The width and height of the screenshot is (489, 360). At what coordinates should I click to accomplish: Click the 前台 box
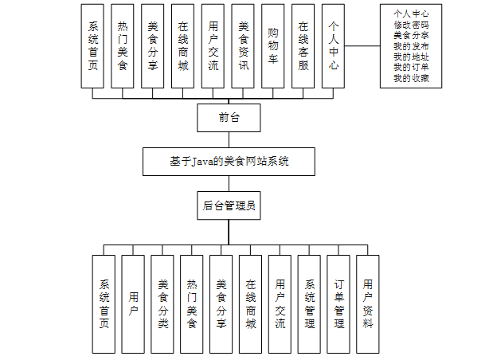click(x=229, y=119)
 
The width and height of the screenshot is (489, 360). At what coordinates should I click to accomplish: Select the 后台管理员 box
click(x=229, y=205)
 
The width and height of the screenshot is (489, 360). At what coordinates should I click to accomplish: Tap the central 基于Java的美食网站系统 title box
click(x=229, y=162)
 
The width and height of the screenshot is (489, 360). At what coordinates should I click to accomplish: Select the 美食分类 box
click(x=162, y=303)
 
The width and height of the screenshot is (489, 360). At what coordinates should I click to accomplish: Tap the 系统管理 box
click(x=310, y=303)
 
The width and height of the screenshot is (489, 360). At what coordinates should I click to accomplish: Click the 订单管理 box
click(x=338, y=303)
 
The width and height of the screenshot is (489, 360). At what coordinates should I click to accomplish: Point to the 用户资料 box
click(x=367, y=303)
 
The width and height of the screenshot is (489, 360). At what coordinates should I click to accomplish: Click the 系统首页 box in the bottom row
click(x=104, y=303)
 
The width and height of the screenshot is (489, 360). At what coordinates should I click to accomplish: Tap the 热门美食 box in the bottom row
click(x=191, y=303)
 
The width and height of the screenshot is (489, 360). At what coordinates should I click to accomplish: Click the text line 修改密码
click(x=416, y=25)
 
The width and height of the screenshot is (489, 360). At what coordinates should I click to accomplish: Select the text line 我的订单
click(x=416, y=67)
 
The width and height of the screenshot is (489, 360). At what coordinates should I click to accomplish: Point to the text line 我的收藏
click(x=416, y=77)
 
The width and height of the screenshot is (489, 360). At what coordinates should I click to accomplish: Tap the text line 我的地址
click(x=416, y=57)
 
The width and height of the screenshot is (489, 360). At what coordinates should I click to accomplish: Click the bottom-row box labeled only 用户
click(x=133, y=303)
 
